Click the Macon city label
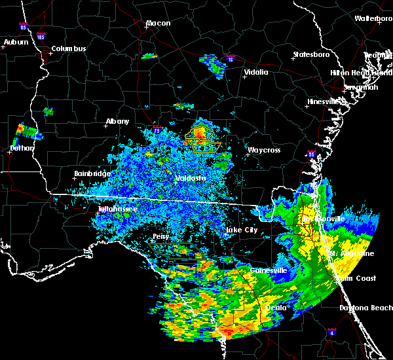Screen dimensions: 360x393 pyautogui.click(x=158, y=24)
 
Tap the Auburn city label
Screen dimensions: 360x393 pyautogui.click(x=16, y=42)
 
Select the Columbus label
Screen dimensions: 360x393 pyautogui.click(x=69, y=48)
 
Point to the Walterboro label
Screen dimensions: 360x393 pyautogui.click(x=373, y=19)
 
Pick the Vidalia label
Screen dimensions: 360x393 pyautogui.click(x=256, y=72)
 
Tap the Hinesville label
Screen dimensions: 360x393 pyautogui.click(x=324, y=101)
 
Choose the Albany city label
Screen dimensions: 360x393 pyautogui.click(x=117, y=121)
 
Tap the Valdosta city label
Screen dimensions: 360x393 pyautogui.click(x=191, y=178)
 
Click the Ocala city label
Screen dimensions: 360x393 pyautogui.click(x=274, y=307)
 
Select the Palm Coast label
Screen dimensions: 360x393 pyautogui.click(x=358, y=278)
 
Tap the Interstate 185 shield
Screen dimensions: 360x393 pyautogui.click(x=41, y=37)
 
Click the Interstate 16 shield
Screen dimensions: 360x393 pyautogui.click(x=230, y=59)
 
